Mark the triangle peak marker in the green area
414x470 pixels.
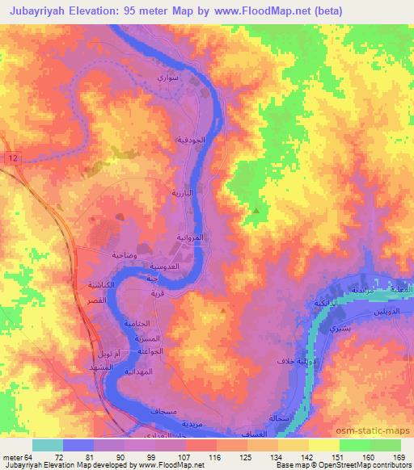pyautogui.click(x=256, y=211)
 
